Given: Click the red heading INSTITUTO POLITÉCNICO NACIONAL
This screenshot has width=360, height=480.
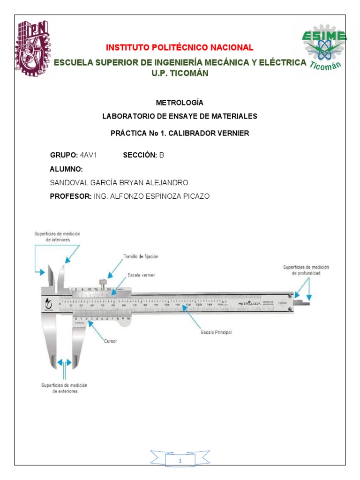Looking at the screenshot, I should (180, 47).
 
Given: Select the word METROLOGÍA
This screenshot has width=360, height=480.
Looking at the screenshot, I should (180, 102).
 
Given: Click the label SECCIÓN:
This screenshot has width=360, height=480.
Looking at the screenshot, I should (140, 156).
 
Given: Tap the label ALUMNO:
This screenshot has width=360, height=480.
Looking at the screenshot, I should (67, 169).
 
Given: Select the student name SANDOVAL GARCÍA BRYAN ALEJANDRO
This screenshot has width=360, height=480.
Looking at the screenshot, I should (119, 182).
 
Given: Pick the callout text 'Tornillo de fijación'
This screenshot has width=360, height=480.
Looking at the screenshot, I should (141, 256).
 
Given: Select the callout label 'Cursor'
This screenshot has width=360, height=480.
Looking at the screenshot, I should (110, 341).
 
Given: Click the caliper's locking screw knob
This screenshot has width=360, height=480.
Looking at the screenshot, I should (102, 282).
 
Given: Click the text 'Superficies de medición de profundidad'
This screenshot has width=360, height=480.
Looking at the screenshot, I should (306, 270).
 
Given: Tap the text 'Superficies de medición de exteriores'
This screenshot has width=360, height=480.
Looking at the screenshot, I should (65, 388).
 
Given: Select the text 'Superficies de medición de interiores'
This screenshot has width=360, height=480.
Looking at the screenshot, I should (52, 236).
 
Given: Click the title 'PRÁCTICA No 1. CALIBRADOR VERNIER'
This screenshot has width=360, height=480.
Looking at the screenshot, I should (180, 133).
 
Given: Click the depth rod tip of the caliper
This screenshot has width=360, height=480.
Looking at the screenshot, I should (305, 304).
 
